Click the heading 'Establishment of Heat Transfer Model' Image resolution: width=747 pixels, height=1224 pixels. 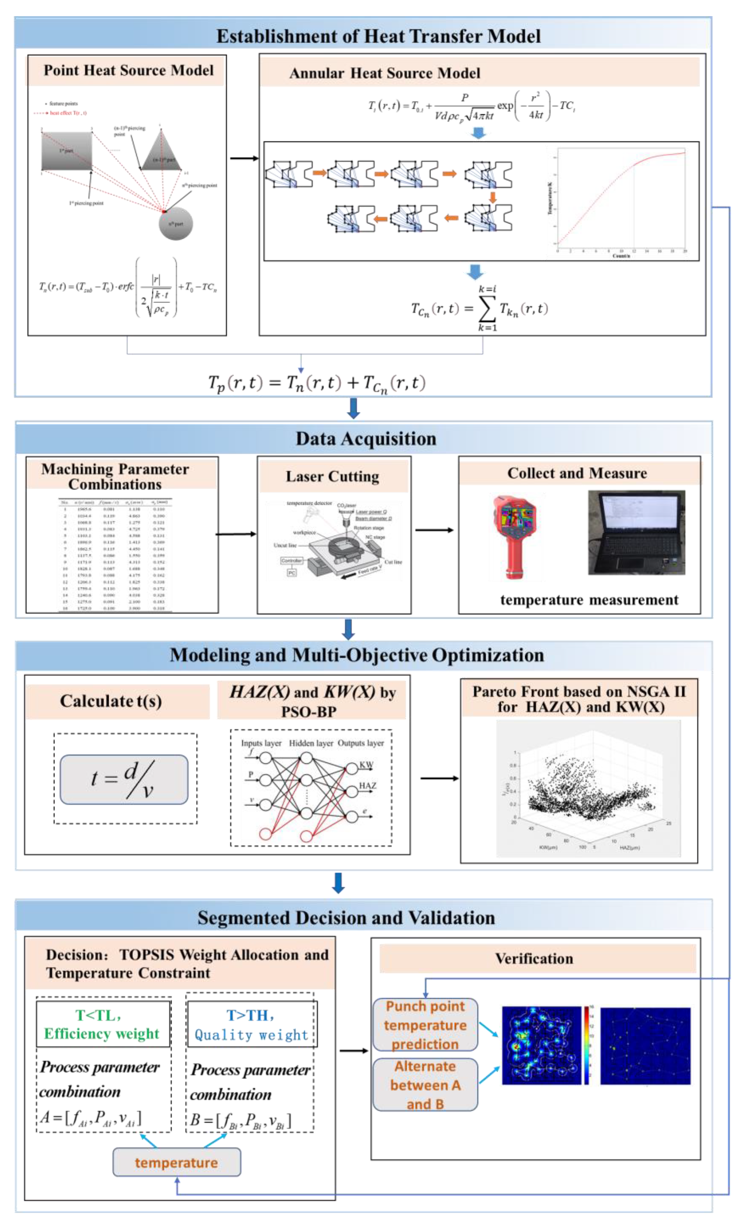click(378, 36)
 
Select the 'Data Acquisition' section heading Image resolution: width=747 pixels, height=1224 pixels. click(366, 439)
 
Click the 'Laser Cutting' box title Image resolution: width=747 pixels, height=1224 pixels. click(332, 477)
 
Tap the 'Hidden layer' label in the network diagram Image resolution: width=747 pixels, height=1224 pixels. click(311, 743)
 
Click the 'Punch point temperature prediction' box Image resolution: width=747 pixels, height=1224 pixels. click(425, 1025)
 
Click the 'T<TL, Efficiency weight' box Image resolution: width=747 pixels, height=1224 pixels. click(103, 1025)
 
